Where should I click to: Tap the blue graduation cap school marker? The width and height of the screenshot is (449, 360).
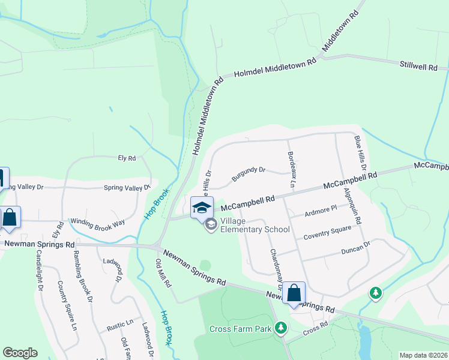(202, 208)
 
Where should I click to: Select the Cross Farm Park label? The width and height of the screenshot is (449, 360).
(241, 329)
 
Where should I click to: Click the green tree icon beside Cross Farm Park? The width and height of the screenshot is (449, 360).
(280, 328)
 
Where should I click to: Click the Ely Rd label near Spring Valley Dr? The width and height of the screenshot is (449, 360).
(127, 158)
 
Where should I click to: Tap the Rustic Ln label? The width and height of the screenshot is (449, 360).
(120, 325)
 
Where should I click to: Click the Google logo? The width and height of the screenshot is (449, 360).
(20, 353)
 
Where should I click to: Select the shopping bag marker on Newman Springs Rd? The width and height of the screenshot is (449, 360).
(294, 293)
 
